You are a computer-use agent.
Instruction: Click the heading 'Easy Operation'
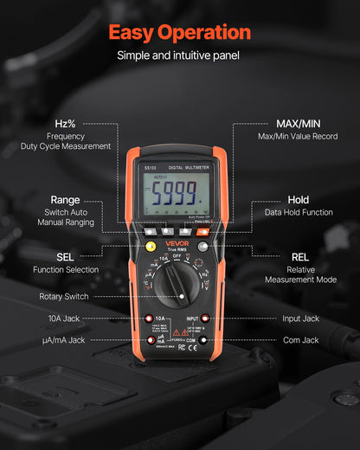180,33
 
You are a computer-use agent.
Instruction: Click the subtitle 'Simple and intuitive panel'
180,55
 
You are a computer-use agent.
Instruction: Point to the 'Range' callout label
65,200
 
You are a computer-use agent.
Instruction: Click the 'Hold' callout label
298,200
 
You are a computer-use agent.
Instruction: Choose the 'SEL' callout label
65,257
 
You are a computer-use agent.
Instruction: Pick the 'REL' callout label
300,257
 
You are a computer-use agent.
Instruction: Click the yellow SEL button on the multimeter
151,247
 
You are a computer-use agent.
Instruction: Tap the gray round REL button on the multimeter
202,247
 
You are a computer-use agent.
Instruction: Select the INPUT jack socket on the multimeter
205,319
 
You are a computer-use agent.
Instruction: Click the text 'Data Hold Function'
298,213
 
